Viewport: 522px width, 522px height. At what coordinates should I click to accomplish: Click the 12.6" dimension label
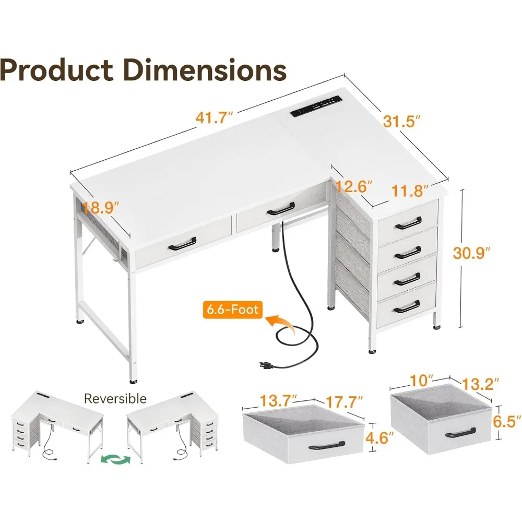coord(354,186)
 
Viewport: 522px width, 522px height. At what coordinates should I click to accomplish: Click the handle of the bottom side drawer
coord(407,307)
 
